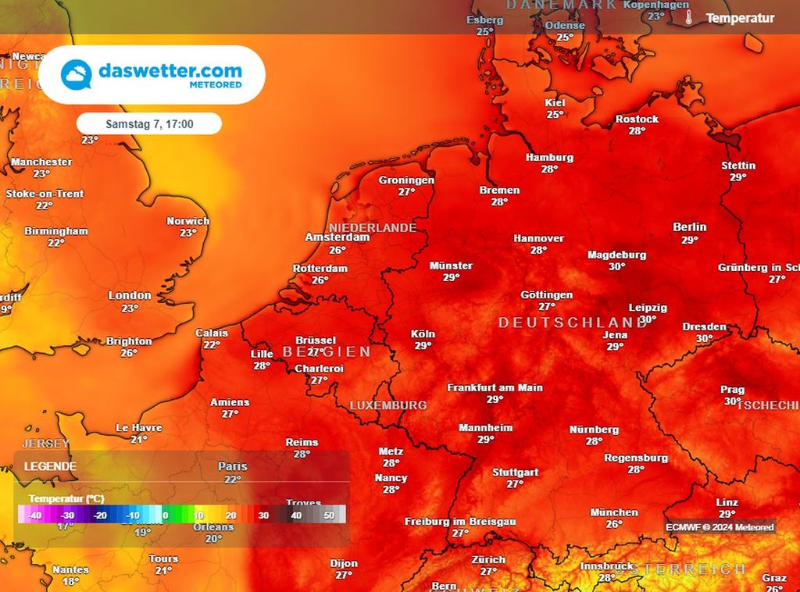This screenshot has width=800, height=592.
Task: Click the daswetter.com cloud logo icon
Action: tap(76, 74)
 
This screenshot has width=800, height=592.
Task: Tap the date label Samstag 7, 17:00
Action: tap(149, 123)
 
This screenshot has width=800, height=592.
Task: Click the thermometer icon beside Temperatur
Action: tap(689, 17)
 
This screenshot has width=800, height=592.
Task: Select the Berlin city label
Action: tap(689, 227)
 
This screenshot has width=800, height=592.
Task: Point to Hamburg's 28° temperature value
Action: tap(549, 169)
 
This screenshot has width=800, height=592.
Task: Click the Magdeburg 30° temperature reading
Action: tap(617, 267)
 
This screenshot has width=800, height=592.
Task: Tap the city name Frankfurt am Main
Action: tap(495, 387)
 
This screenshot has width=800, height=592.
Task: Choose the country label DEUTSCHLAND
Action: tap(573, 323)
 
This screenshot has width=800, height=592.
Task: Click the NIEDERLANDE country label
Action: tap(373, 227)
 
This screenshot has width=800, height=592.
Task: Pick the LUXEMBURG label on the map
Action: tap(387, 405)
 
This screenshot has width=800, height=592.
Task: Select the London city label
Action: tap(130, 295)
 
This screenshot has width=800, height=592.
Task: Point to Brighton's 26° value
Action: tap(130, 353)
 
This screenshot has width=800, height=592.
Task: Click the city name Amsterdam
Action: tap(337, 237)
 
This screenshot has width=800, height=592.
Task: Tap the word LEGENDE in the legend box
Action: tap(51, 466)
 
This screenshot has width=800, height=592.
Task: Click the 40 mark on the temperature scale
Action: tap(296, 515)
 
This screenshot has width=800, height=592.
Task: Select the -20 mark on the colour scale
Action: tap(100, 515)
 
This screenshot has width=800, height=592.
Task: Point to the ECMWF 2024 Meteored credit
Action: tap(720, 527)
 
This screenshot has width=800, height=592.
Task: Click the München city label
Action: tap(613, 512)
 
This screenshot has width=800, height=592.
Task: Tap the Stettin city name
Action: tap(738, 166)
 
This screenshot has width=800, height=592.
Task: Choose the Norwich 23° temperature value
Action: tap(188, 233)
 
